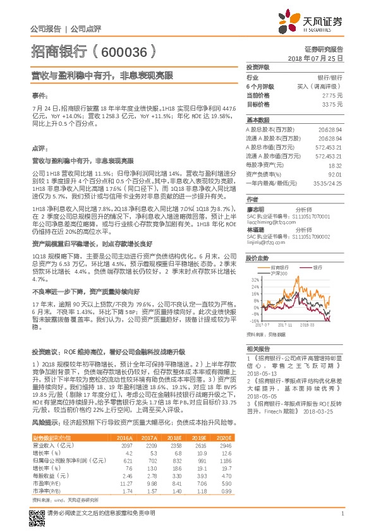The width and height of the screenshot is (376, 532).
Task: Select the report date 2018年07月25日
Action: [x=315, y=57]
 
